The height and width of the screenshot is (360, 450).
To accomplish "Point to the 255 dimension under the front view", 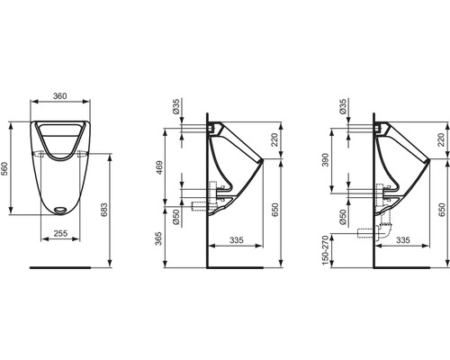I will tap(60, 232).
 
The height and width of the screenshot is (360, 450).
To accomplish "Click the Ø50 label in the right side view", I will tap(345, 219).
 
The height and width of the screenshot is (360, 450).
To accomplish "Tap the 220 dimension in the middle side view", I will tap(273, 140).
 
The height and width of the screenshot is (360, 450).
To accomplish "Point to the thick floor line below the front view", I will tap(60, 267).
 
